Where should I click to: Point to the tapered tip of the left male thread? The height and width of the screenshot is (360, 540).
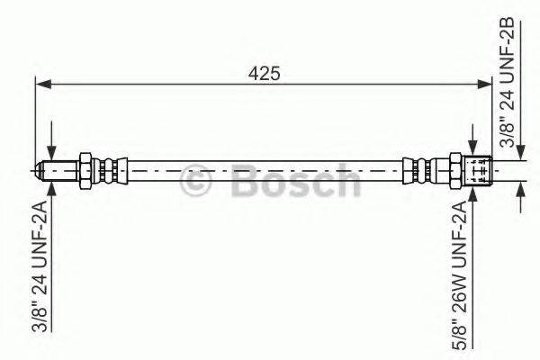(x=41, y=169)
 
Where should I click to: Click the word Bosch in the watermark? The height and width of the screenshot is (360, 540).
(x=292, y=182)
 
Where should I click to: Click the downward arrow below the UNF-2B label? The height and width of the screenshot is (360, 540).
(x=519, y=156)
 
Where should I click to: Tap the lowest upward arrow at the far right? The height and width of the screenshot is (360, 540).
(x=519, y=192)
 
